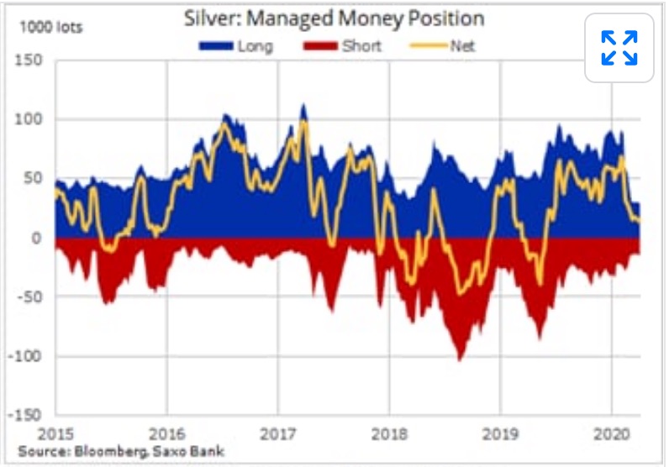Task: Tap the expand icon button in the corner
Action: pyautogui.click(x=619, y=48)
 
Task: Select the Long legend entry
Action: pyautogui.click(x=236, y=46)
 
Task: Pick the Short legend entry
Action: pyautogui.click(x=345, y=46)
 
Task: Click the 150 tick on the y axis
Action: pyautogui.click(x=32, y=60)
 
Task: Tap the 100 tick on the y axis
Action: pyautogui.click(x=32, y=119)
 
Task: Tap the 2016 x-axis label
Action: pyautogui.click(x=166, y=435)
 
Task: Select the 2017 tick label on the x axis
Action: pyautogui.click(x=277, y=435)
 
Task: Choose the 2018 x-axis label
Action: pyautogui.click(x=388, y=435)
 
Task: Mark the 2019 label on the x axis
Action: pyautogui.click(x=499, y=435)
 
